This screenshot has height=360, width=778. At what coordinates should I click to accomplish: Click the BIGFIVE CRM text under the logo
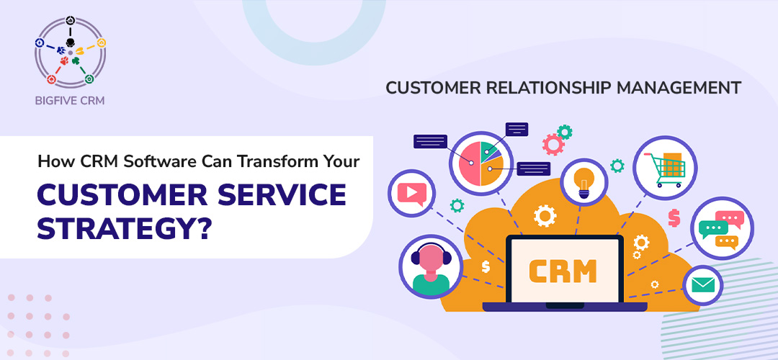(69, 101)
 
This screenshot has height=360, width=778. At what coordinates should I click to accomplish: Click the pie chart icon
(480, 163)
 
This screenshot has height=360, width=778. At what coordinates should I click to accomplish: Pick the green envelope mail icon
(702, 286)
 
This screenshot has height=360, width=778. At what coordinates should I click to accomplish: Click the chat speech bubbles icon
(720, 229)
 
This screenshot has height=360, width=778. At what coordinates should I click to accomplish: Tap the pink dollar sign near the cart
(674, 217)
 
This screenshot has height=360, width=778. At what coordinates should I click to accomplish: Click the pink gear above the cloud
(553, 144)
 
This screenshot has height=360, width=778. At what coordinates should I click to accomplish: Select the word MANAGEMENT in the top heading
(679, 88)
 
